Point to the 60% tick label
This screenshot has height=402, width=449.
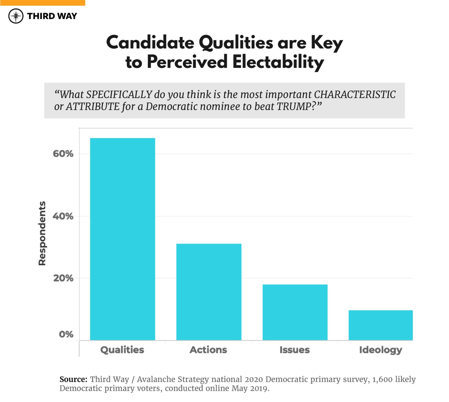coord(63,154)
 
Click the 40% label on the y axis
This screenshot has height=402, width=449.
coord(63,216)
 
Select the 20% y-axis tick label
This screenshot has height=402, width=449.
coord(63,278)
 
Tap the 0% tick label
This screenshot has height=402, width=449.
coord(66,334)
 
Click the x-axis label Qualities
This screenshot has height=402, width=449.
coord(122,350)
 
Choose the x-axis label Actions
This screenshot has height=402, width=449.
coord(208,350)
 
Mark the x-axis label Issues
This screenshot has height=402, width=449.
coord(295,350)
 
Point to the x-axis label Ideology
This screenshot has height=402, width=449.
coord(380,350)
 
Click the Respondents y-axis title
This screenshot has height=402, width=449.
coord(42,233)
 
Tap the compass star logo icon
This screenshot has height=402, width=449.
coord(16,16)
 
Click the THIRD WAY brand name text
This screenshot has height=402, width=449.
coord(52,16)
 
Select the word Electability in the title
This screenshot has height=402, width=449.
coord(278,62)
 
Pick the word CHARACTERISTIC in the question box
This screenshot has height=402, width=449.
coord(355,95)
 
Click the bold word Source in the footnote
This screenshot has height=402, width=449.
coord(73,379)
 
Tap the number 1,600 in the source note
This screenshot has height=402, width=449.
coord(385,379)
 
